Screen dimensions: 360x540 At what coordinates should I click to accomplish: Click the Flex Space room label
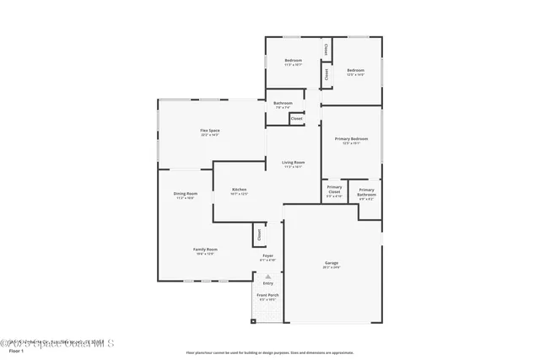(209, 132)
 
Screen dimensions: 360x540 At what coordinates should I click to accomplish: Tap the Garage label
(332, 264)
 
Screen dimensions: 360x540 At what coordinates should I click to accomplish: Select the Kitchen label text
(240, 191)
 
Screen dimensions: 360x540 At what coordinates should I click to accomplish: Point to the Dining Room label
(186, 195)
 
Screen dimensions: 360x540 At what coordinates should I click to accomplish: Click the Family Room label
(205, 250)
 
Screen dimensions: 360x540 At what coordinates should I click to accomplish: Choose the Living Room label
(293, 164)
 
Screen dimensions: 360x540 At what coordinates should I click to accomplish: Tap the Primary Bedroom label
(351, 140)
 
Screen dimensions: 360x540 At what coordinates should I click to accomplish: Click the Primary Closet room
(334, 191)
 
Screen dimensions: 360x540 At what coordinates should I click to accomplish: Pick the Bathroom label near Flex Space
(283, 105)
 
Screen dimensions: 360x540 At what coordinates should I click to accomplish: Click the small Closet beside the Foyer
(259, 234)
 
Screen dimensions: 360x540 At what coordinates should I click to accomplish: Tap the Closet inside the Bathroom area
(296, 119)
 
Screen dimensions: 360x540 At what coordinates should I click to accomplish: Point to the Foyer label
(267, 256)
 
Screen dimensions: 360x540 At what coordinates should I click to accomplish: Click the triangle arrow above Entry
(268, 276)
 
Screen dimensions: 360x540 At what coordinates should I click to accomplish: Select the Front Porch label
(267, 297)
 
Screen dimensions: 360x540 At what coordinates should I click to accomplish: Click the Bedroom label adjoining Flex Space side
(293, 62)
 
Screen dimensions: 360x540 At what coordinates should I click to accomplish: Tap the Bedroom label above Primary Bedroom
(355, 72)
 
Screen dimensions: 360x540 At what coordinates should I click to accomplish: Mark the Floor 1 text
(16, 351)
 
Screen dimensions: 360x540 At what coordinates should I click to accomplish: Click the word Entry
(268, 283)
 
